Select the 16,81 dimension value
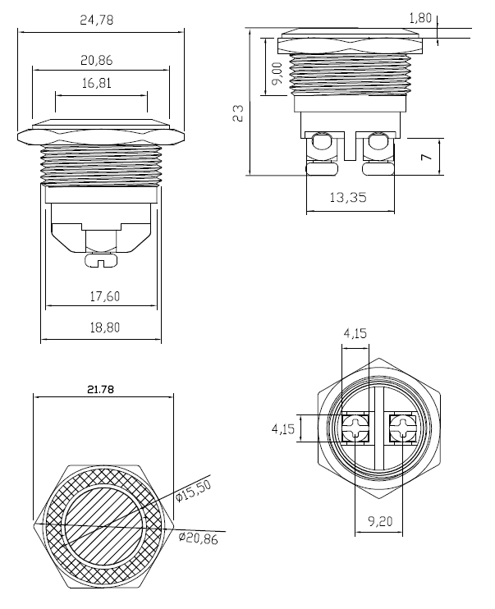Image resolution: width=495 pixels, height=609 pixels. pyautogui.click(x=99, y=82)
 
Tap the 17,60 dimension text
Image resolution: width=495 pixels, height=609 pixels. pyautogui.click(x=101, y=297)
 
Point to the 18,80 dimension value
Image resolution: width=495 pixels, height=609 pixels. pyautogui.click(x=101, y=327)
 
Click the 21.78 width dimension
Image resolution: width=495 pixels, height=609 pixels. pyautogui.click(x=103, y=390)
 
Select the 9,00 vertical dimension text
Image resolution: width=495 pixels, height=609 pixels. pyautogui.click(x=277, y=74)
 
